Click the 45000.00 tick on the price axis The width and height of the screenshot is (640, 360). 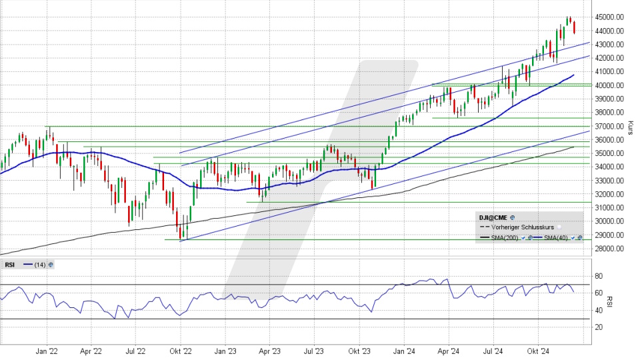coord(611,17)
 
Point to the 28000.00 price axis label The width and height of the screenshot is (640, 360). coord(611,249)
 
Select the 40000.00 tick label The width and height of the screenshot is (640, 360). coord(611,85)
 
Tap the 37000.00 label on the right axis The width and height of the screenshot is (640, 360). coord(611,126)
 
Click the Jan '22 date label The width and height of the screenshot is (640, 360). coord(46,351)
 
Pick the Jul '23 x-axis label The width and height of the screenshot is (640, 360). coord(314,351)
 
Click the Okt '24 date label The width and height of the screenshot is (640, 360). coord(538,351)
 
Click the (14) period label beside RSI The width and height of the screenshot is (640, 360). coord(39,265)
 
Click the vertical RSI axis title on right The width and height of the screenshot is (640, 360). coord(609,301)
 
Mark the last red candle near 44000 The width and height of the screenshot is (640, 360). coord(575,28)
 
